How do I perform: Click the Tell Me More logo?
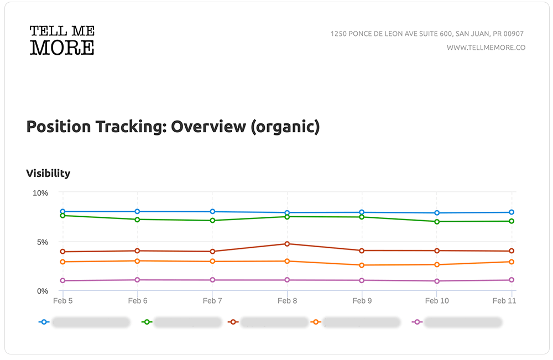point(62,40)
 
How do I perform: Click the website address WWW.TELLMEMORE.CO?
point(486,48)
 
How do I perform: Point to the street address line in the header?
point(427,34)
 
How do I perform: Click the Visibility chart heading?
point(48,173)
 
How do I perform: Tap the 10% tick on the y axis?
point(40,193)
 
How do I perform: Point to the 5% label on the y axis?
point(43,242)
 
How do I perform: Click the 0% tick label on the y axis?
point(43,291)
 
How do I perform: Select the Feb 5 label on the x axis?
point(62,301)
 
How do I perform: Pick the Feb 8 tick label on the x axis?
point(287,301)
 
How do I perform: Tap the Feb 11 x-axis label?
point(503,301)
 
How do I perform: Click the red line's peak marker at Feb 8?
point(287,244)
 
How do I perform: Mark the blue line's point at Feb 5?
point(63,212)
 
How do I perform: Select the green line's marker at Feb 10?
point(437,222)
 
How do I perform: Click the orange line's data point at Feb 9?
point(362,265)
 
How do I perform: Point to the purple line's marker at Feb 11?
point(512,280)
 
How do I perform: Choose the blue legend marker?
point(44,322)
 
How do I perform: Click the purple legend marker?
point(418,322)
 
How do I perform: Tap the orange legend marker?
point(317,322)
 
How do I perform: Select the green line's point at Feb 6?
point(138,220)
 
